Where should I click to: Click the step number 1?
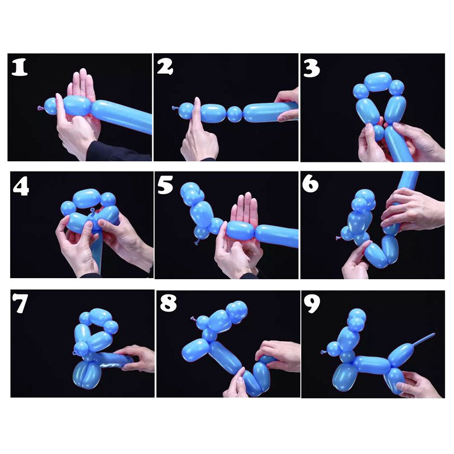[20, 67]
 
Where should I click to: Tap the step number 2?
[165, 66]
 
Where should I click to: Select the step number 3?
[312, 68]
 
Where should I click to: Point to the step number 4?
[21, 187]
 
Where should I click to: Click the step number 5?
[165, 184]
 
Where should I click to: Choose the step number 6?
[310, 184]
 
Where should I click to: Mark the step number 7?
[20, 303]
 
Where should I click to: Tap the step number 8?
[168, 303]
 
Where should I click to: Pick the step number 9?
[312, 304]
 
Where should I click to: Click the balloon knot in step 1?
[40, 108]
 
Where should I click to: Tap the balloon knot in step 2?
[175, 108]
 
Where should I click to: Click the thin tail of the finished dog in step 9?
[423, 339]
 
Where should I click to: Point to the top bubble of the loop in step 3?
[378, 82]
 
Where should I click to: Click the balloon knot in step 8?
[194, 319]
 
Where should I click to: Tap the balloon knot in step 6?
[338, 238]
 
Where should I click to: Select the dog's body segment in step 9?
[372, 365]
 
